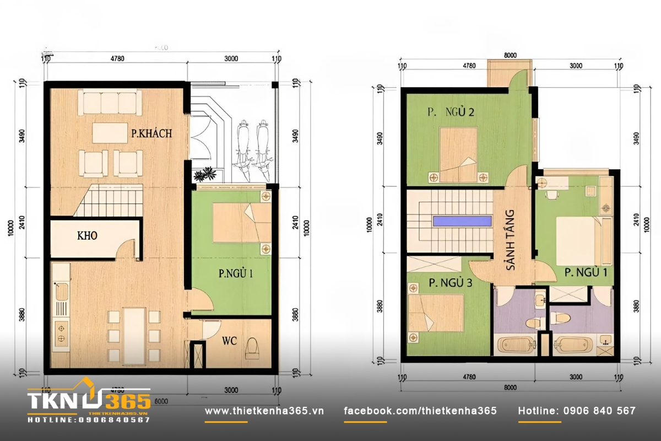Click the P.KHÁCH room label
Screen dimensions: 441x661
[x=151, y=133]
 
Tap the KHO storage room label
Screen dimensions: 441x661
[x=87, y=236]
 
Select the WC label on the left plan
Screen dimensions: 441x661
[x=229, y=341]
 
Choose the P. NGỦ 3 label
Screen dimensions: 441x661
[x=450, y=284]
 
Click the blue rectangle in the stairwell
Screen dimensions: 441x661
[x=462, y=221]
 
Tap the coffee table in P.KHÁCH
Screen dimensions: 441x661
[x=110, y=133]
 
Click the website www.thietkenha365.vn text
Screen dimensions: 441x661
[x=264, y=411]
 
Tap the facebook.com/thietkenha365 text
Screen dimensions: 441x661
[x=420, y=411]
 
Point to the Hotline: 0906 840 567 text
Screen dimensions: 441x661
[x=577, y=411]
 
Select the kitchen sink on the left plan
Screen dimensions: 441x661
[x=60, y=291]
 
